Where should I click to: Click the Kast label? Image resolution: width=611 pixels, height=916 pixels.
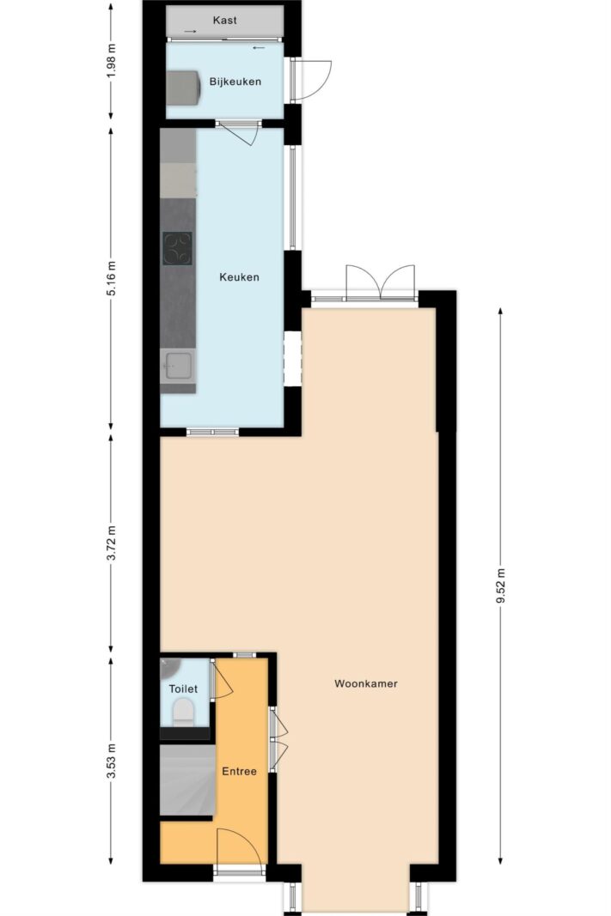224,21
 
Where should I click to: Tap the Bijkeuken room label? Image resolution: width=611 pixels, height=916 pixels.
235,82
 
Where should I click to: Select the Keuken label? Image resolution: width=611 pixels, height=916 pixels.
239,277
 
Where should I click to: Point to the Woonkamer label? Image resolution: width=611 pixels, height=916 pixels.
366,683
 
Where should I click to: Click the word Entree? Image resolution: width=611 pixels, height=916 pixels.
239,771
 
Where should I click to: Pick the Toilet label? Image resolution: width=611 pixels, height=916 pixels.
183,689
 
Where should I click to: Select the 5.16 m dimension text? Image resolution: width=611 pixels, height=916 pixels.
112,278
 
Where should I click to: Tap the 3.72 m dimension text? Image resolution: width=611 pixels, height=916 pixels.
112,543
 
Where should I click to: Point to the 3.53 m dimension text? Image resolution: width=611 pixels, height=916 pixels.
112,761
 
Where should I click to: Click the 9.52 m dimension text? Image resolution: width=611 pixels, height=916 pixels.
500,586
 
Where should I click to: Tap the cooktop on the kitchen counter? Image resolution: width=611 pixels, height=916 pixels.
177,248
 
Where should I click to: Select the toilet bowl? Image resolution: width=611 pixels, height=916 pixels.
184,713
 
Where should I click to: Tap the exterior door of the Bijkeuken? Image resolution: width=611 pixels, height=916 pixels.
310,80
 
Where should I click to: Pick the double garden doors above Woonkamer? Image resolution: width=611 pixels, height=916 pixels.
381,282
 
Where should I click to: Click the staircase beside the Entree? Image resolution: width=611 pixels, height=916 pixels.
187,780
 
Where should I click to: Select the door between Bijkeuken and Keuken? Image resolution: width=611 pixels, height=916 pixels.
239,133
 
